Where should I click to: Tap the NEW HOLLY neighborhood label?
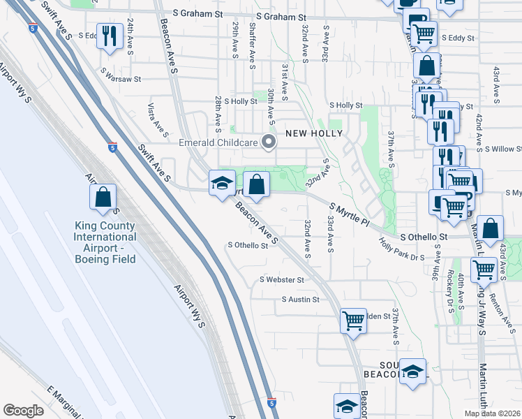pyautogui.click(x=313, y=133)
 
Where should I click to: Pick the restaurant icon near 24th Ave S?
pyautogui.click(x=109, y=36)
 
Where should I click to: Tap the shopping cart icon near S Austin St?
pyautogui.click(x=353, y=321)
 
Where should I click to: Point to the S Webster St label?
pyautogui.click(x=281, y=279)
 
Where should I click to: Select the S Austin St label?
pyautogui.click(x=300, y=300)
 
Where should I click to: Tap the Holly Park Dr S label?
pyautogui.click(x=401, y=249)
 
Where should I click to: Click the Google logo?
pyautogui.click(x=23, y=411)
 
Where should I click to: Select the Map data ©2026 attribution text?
pyautogui.click(x=492, y=413)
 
